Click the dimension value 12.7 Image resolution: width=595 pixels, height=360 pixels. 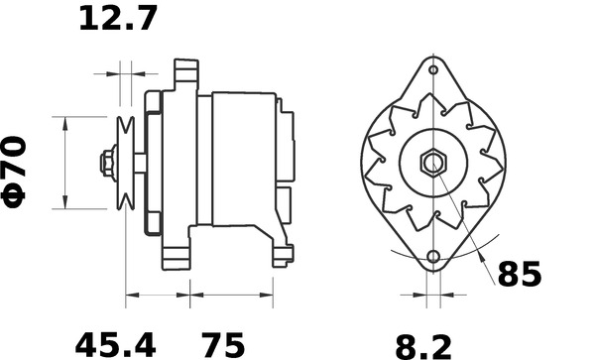pyautogui.click(x=118, y=19)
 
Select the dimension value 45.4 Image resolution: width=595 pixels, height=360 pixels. pyautogui.click(x=116, y=345)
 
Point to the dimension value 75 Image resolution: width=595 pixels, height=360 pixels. pyautogui.click(x=224, y=345)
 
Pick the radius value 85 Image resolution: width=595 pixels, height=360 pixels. pyautogui.click(x=519, y=275)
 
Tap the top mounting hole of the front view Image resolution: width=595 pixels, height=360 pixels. pyautogui.click(x=433, y=69)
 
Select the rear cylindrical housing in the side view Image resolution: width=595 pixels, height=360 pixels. pyautogui.click(x=243, y=159)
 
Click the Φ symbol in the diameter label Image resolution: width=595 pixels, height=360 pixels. pyautogui.click(x=16, y=192)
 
